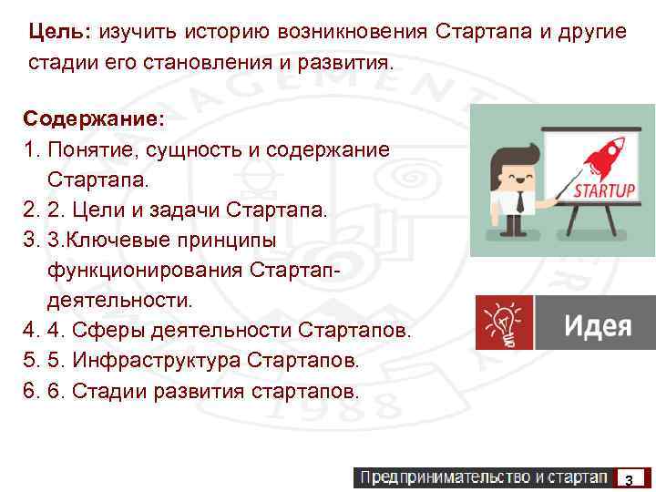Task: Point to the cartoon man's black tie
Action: (x=519, y=200)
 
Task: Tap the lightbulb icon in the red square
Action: (x=505, y=323)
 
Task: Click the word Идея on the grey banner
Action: (x=597, y=325)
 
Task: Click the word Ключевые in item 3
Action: (x=109, y=241)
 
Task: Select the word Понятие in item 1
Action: (x=89, y=149)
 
